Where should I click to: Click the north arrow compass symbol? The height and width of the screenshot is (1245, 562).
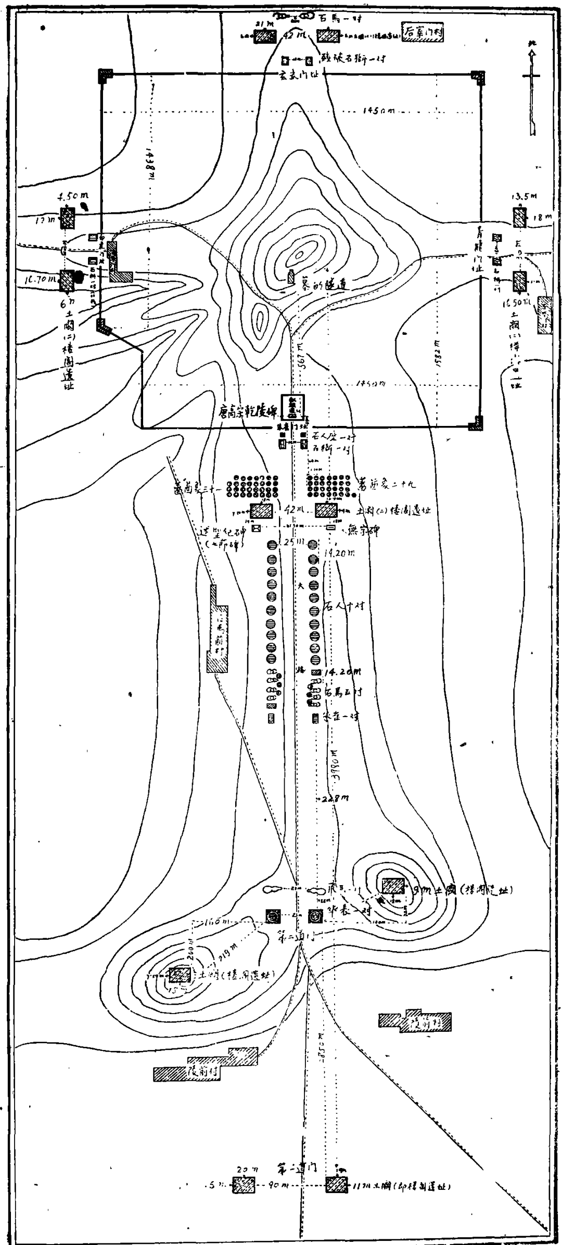(x=532, y=88)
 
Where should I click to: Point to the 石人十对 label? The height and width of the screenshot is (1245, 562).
(x=344, y=606)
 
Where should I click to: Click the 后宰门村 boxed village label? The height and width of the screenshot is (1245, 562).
(x=424, y=32)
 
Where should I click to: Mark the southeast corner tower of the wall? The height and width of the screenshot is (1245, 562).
(x=476, y=423)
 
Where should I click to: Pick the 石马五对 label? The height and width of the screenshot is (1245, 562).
(x=343, y=692)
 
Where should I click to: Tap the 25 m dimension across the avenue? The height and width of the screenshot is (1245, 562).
(x=287, y=542)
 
